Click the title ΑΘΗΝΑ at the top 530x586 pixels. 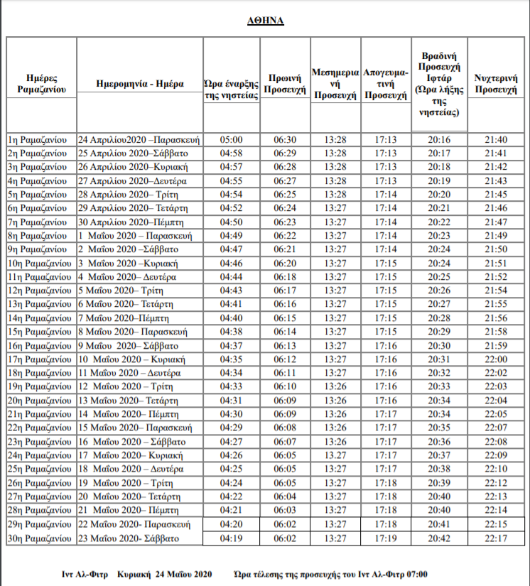coord(266,21)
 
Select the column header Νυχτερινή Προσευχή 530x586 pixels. coord(494,84)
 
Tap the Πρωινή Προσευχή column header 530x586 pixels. coord(285,84)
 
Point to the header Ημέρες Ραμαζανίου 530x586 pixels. coord(41,84)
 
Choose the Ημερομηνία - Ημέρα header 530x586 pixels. coord(139,84)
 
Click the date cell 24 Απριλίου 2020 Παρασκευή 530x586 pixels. coord(139,139)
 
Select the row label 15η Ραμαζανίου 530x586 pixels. coord(40,331)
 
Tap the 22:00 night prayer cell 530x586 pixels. coord(494,359)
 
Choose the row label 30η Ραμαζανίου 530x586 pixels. coord(40,539)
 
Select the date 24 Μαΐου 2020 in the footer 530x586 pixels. coord(183,573)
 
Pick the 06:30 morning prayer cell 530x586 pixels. coord(285,139)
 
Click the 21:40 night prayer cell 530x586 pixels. coord(494,139)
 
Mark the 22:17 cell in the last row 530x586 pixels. coord(494,539)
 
